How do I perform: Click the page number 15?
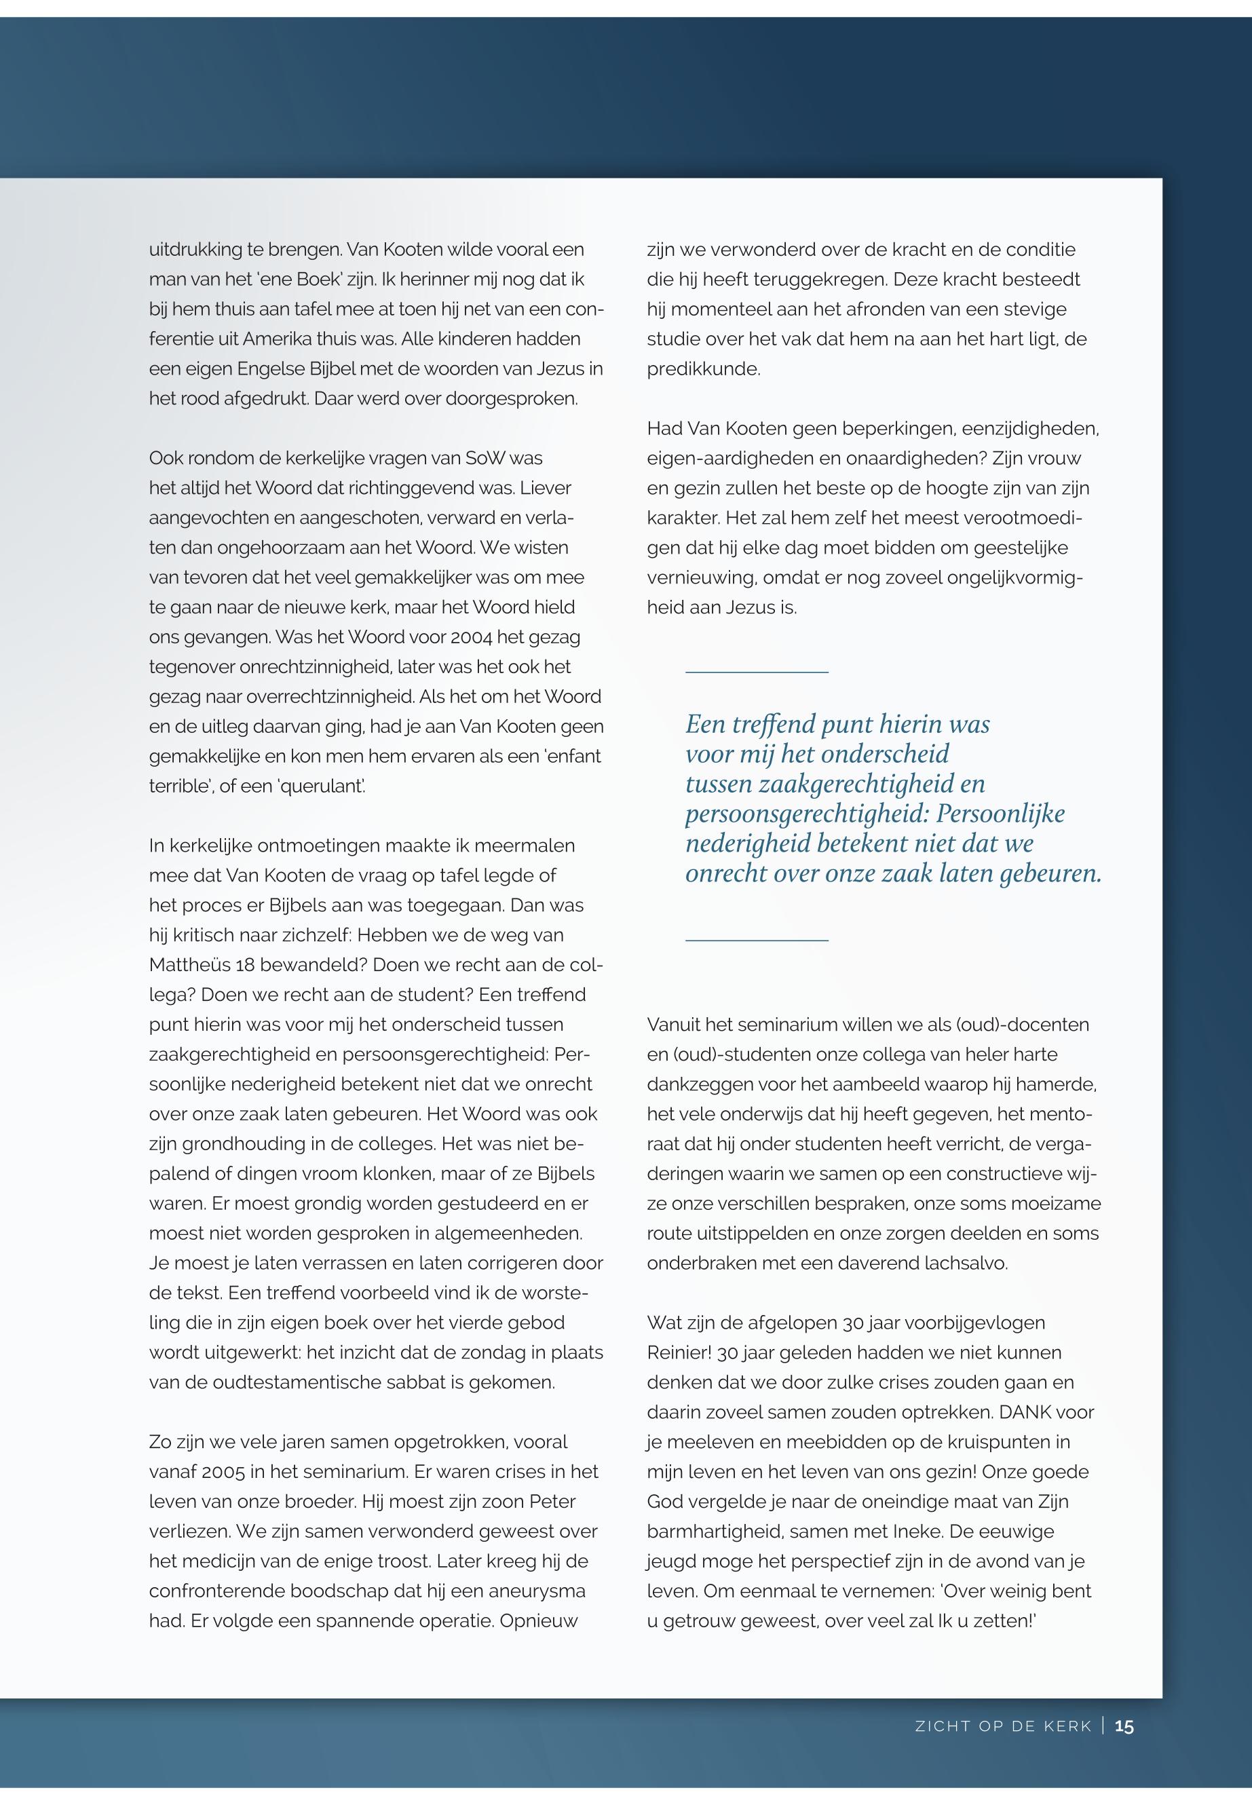point(1124,1726)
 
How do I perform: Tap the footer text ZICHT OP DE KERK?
point(1004,1726)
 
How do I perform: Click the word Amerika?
point(278,339)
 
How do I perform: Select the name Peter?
point(552,1502)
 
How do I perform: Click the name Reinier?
point(679,1352)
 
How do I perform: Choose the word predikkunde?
point(703,368)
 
